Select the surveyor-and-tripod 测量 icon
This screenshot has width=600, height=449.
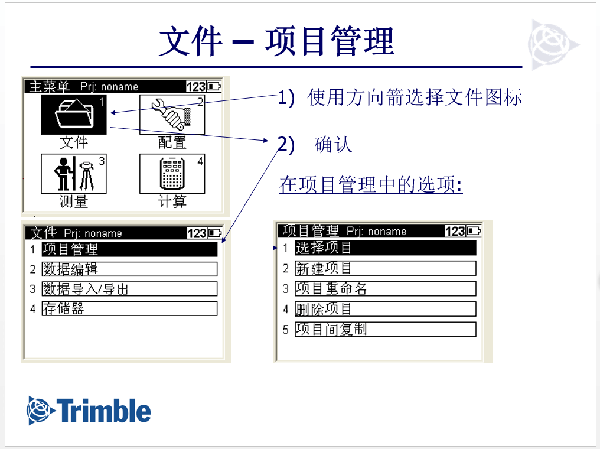point(74,174)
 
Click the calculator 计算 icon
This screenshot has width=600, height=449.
point(172,174)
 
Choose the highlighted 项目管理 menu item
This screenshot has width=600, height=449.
point(129,250)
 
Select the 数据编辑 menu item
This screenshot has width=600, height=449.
point(129,269)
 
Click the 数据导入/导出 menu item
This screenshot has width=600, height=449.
point(129,289)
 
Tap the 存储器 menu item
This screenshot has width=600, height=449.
point(129,308)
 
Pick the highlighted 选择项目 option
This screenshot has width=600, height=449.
point(385,248)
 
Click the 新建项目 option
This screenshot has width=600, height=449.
point(385,268)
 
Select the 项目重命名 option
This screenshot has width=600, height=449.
point(385,288)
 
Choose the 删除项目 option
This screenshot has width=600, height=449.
point(385,308)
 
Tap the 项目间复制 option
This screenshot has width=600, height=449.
point(385,328)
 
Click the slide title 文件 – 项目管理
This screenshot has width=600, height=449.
point(276,41)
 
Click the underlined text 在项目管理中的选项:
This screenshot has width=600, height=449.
point(371,185)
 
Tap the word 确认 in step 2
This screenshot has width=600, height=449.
point(333,144)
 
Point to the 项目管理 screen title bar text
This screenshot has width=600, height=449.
point(311,230)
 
